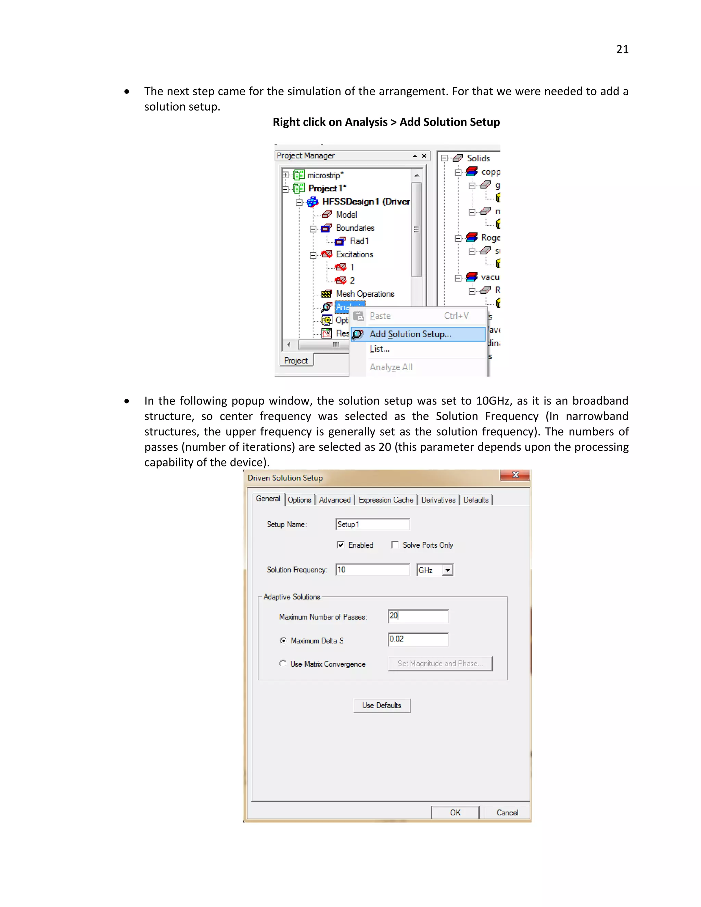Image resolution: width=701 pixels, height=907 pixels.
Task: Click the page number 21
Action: [x=622, y=49]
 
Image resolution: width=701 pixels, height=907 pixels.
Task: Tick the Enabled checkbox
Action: [x=341, y=545]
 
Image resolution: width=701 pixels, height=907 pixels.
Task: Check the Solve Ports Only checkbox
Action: [x=395, y=545]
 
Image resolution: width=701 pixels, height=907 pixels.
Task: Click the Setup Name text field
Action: [x=372, y=524]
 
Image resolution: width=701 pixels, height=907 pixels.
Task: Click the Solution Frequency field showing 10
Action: [x=372, y=570]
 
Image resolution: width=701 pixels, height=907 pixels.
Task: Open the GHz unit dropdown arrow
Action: [x=447, y=570]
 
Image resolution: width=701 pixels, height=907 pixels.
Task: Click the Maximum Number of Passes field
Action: [x=418, y=616]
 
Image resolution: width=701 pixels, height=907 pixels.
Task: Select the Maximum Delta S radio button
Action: [x=283, y=640]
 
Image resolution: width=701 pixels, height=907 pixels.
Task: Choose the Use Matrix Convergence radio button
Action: [x=283, y=664]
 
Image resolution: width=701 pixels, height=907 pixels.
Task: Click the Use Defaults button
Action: [x=382, y=706]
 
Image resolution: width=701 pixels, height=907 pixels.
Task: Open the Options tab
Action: [x=299, y=500]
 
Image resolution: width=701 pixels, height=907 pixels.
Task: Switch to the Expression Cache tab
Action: [x=386, y=500]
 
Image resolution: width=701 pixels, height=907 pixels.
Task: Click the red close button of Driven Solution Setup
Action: [x=515, y=475]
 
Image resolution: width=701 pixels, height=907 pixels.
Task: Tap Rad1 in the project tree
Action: [x=359, y=241]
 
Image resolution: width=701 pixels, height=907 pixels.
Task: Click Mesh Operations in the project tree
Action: [x=365, y=294]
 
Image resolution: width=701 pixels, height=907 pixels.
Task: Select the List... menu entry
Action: [x=380, y=349]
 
